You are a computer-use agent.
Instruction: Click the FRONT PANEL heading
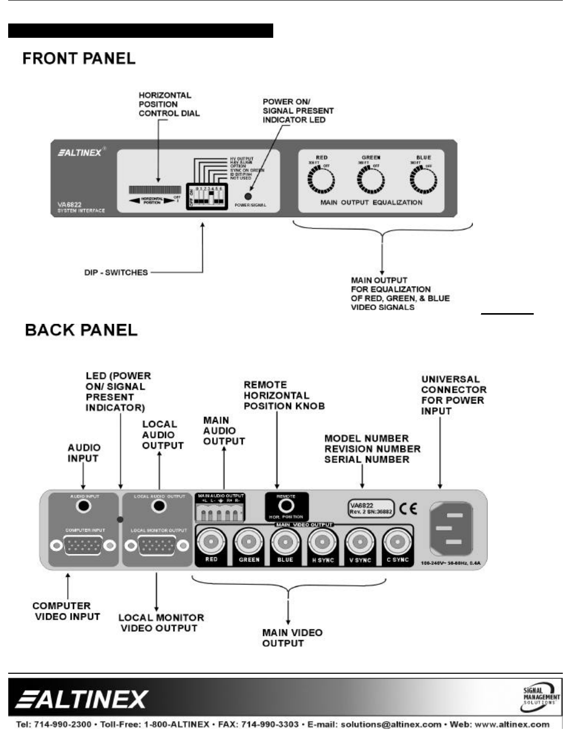pos(79,59)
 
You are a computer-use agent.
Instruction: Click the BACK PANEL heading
pos(81,330)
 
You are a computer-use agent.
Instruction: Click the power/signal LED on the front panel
pos(249,196)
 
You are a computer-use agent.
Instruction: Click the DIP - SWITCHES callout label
pos(116,273)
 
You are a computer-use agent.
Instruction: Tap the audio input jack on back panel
pos(83,506)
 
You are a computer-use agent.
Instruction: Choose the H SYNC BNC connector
pos(323,541)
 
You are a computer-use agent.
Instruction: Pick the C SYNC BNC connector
pos(397,541)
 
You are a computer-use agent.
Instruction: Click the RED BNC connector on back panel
pos(211,541)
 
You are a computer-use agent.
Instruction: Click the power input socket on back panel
pos(450,529)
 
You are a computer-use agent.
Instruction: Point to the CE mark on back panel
pos(409,508)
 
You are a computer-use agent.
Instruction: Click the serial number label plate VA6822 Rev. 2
pos(371,508)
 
